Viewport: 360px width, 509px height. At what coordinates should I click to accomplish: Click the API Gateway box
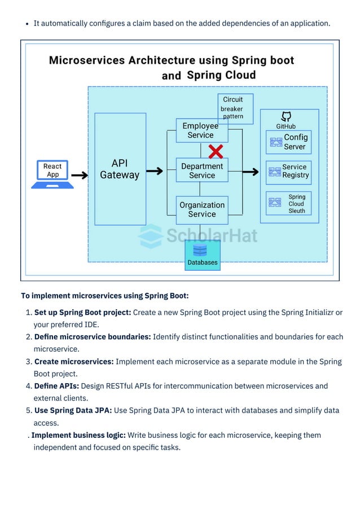point(120,169)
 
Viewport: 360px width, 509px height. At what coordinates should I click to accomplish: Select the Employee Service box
point(201,131)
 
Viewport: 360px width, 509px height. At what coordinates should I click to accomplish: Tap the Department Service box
point(201,170)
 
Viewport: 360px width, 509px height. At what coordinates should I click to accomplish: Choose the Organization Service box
point(201,209)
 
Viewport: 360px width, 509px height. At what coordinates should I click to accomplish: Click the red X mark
point(216,151)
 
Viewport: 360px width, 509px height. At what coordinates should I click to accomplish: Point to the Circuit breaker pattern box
point(235,108)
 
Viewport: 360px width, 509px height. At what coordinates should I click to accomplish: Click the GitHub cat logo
point(286,116)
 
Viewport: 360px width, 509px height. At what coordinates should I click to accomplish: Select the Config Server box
point(288,142)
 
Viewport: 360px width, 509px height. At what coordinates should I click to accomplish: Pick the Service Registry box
point(288,172)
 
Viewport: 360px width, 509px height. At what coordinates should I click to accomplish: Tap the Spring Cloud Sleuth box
point(288,204)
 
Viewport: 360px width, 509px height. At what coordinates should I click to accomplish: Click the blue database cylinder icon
point(200,249)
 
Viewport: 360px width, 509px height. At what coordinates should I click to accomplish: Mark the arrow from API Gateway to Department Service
point(155,171)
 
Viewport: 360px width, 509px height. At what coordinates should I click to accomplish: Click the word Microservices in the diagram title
point(87,60)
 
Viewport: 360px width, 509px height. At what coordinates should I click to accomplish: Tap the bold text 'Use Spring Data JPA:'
point(73,410)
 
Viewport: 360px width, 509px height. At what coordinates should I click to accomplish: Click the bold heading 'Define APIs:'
point(56,386)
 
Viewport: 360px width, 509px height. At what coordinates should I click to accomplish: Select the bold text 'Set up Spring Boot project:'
point(82,312)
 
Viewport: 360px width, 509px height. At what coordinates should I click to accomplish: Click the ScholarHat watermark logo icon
point(151,236)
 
